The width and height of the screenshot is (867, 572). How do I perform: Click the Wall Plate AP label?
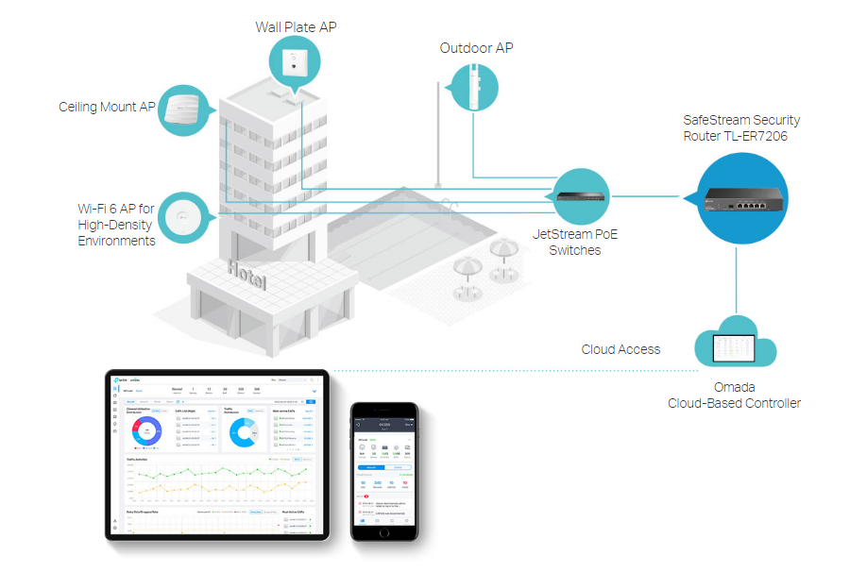point(296,27)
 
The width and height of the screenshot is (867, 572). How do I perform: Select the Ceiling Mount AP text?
point(107,108)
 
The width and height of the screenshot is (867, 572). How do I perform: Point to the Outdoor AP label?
point(476,48)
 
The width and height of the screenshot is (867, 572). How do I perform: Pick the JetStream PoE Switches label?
point(574,242)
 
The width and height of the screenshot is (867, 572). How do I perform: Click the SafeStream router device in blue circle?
point(741,198)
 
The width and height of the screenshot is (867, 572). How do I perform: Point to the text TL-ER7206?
point(756,137)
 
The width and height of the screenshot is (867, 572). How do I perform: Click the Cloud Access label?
point(620,349)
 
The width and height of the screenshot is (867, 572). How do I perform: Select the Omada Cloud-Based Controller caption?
point(734,395)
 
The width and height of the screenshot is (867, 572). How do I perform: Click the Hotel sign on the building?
point(246,277)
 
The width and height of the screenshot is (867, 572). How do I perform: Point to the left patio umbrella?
point(467,267)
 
